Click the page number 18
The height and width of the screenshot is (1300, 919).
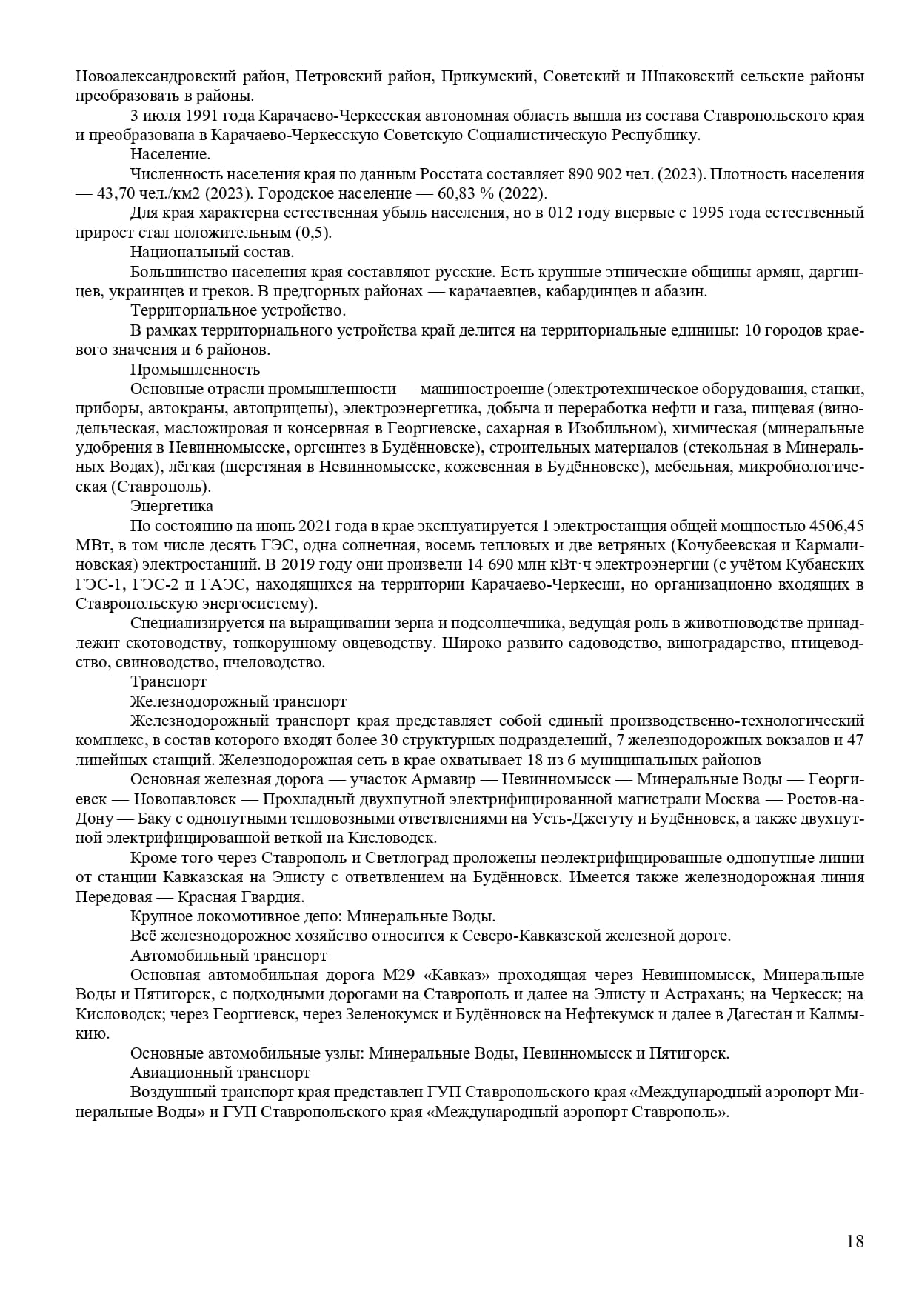[x=855, y=1241]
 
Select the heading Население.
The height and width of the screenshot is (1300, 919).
[x=170, y=155]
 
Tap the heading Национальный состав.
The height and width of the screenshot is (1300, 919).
[x=201, y=252]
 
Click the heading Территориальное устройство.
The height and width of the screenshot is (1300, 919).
[x=238, y=310]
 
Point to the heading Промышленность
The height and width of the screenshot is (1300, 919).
[x=195, y=369]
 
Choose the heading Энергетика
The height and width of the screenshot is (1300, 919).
[x=172, y=506]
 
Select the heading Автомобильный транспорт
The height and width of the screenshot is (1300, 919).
[x=229, y=956]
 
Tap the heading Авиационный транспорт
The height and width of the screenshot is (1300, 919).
[x=220, y=1072]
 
